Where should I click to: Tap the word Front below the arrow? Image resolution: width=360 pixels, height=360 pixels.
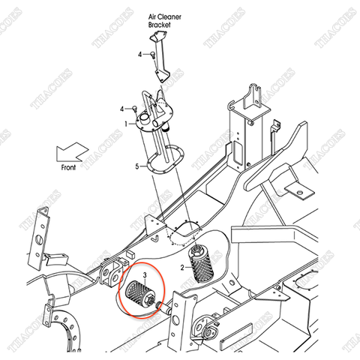[68, 168]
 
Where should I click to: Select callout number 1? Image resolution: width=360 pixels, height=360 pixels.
[127, 123]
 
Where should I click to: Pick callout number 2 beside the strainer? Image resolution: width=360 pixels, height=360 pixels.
[181, 266]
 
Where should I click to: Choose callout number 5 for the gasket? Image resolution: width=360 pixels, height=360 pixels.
[137, 166]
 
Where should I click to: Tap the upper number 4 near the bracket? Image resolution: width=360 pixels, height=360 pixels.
[139, 55]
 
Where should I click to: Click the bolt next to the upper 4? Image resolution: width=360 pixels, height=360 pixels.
[151, 54]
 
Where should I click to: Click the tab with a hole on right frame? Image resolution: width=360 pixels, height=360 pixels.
[302, 193]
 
